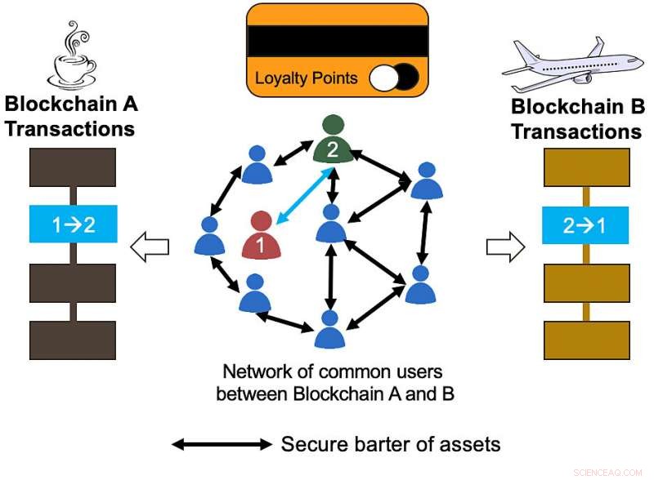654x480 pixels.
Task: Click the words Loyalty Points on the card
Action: tap(307, 79)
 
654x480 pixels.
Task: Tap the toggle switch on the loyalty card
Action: tap(394, 79)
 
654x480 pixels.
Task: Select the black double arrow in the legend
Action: tap(221, 445)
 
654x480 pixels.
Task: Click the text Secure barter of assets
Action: tap(391, 445)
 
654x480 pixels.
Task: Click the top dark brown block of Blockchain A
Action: tap(74, 168)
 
